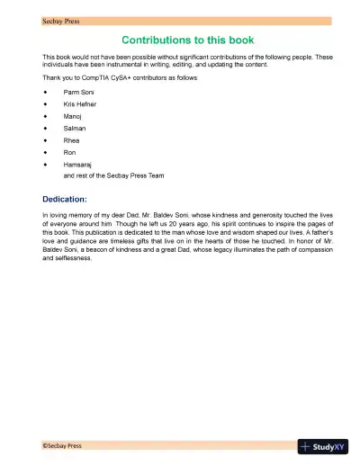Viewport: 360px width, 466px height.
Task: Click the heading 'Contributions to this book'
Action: (x=187, y=40)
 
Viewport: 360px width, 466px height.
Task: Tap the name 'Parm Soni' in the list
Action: (x=78, y=93)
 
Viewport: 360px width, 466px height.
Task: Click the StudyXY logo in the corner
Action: (x=328, y=446)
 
